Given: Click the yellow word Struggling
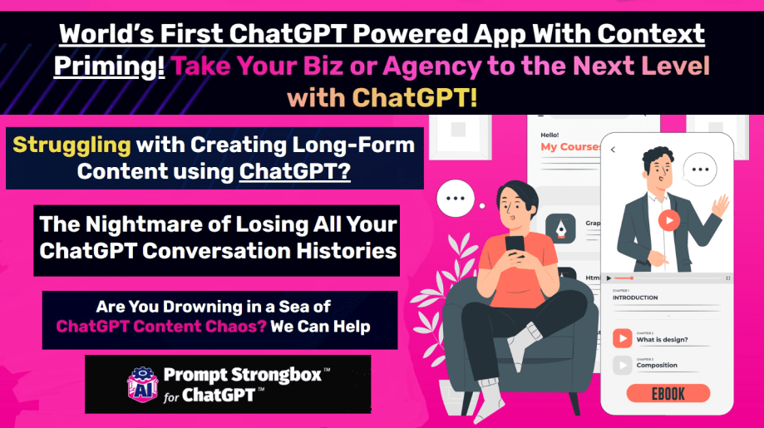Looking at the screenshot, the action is coord(71,145).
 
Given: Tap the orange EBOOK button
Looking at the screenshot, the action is coord(668,393).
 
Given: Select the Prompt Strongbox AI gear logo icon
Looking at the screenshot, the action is coord(142,385).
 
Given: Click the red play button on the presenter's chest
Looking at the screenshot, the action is coord(669,220).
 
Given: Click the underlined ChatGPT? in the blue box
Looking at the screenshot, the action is coord(295,171).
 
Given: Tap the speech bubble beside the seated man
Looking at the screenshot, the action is coord(456,198).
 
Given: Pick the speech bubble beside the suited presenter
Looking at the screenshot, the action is coord(700,170).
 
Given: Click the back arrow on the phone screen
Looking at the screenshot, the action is coord(613,150).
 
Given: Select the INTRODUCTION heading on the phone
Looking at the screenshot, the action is coord(635,298).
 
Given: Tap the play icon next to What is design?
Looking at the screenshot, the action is coord(622,338).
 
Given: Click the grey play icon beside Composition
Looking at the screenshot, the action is coord(622,365).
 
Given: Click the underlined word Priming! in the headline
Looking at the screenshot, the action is coord(109,66).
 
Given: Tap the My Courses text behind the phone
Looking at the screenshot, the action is coord(570,147).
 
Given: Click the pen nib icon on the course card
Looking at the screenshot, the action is coord(561,229).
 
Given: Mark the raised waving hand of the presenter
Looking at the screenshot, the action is coord(720,206).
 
